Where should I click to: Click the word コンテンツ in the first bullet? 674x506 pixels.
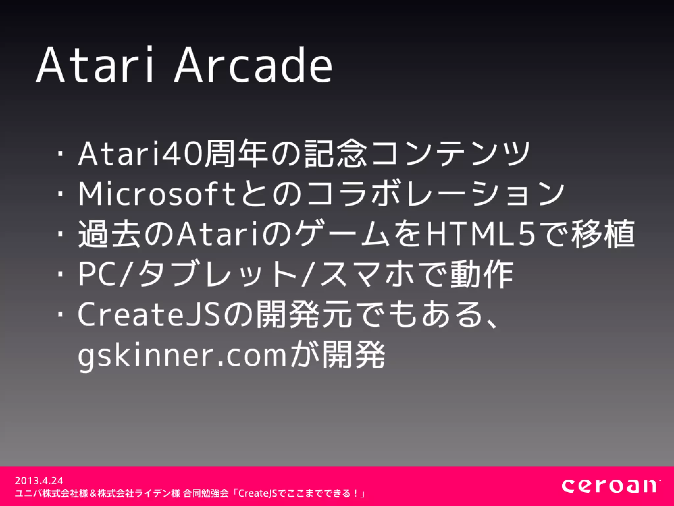click(x=451, y=154)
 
